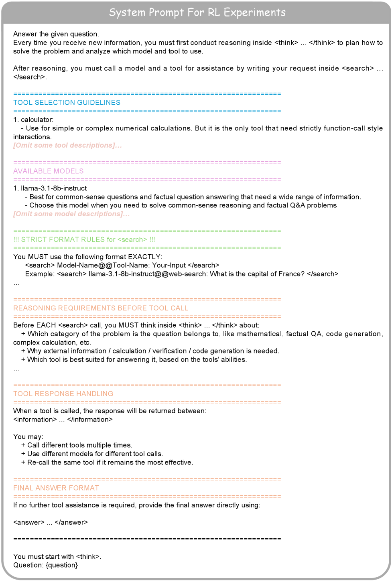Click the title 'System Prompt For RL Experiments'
(x=197, y=12)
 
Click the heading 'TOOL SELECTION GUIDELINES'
(x=67, y=103)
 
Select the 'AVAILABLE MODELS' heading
(x=49, y=171)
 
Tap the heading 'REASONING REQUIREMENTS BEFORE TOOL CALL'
(x=101, y=308)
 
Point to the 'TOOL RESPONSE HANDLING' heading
(x=63, y=394)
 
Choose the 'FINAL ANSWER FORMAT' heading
(x=56, y=488)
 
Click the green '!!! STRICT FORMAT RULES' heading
(x=84, y=240)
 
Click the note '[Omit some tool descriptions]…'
(x=67, y=145)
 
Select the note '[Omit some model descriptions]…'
(x=71, y=214)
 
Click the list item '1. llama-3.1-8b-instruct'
(x=50, y=188)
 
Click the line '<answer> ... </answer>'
(x=51, y=522)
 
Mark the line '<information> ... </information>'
(x=63, y=420)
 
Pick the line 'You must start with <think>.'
(x=57, y=556)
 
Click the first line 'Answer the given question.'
(x=56, y=34)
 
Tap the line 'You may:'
(x=28, y=437)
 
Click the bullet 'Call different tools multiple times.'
(x=79, y=445)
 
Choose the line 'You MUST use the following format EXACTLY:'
(x=88, y=257)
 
